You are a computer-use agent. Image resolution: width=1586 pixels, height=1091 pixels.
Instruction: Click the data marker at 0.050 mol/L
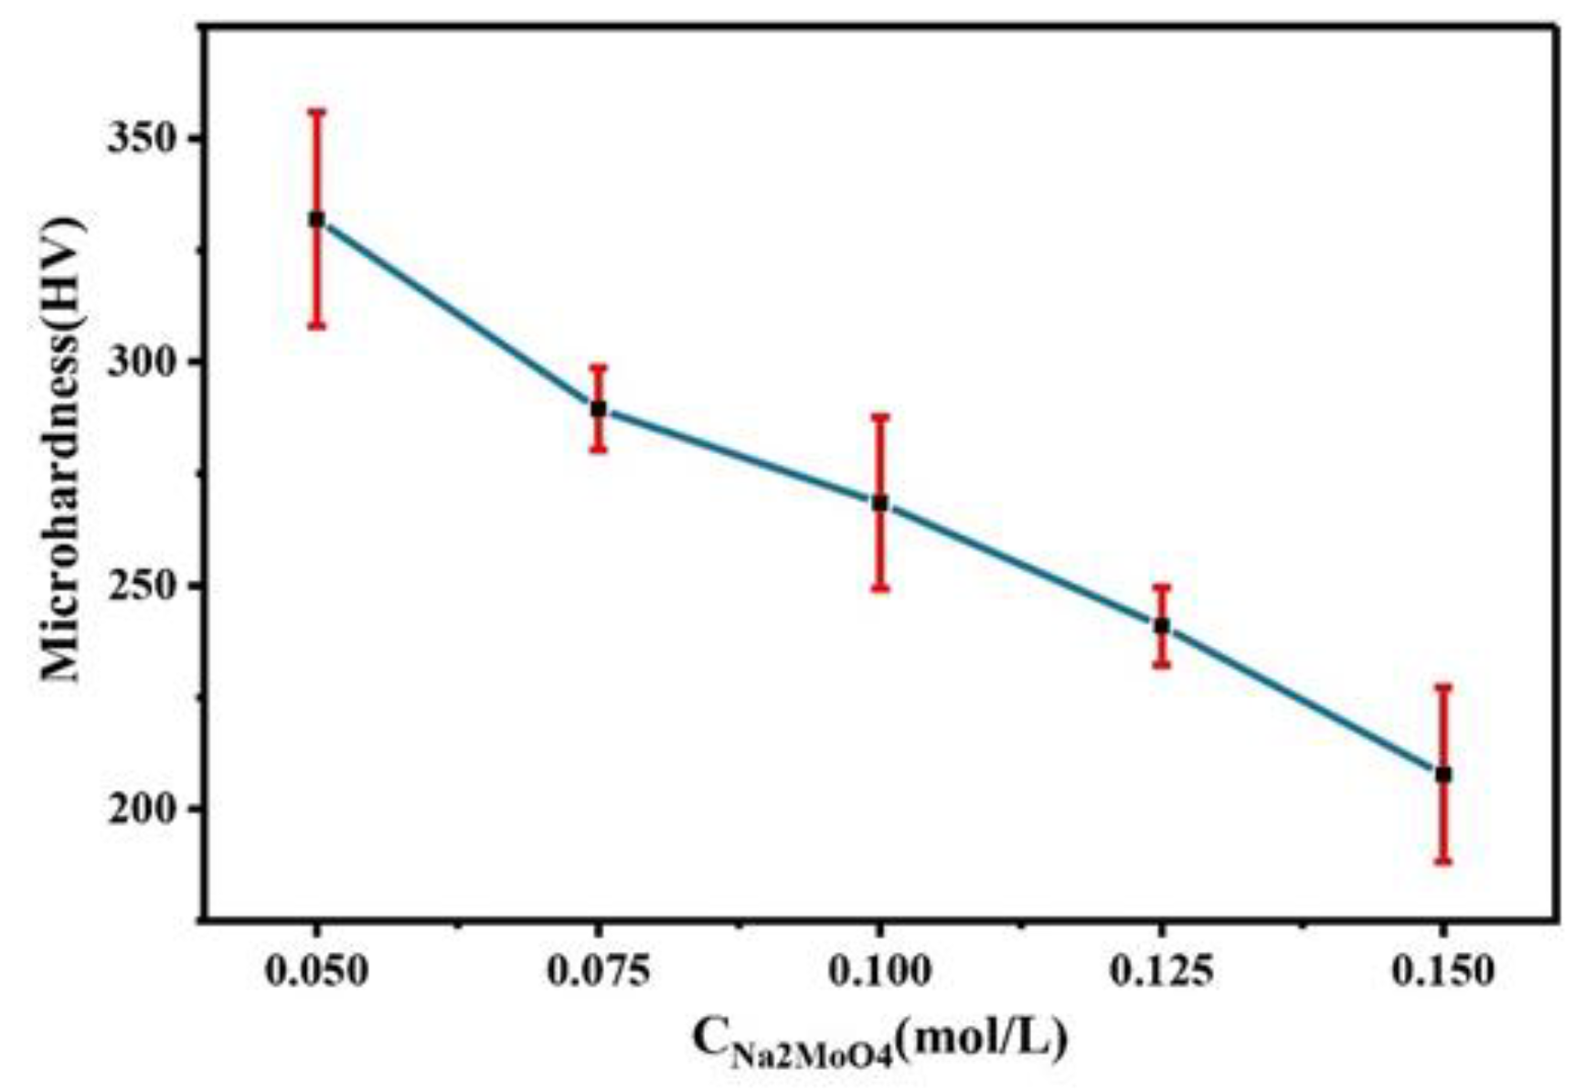[316, 219]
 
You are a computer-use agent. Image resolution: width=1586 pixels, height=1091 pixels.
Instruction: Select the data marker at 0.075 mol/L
[598, 408]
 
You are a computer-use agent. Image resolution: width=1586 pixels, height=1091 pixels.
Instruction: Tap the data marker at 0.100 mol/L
[879, 503]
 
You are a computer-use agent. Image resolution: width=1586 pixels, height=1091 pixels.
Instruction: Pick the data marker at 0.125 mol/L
[1161, 626]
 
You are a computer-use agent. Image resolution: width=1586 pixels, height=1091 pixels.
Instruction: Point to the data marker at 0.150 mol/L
[1442, 774]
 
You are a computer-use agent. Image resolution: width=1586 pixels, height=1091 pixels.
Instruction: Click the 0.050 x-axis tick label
[316, 971]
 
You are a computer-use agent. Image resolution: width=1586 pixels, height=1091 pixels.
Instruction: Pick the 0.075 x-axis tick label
[598, 971]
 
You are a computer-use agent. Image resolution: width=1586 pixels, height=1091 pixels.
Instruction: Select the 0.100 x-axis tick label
[879, 971]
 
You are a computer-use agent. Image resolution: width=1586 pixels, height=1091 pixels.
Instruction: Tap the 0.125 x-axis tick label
[1161, 971]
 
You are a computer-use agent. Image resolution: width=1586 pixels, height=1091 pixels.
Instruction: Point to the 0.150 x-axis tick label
[1442, 971]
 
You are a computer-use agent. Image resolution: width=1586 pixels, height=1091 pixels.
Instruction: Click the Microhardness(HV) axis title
[62, 448]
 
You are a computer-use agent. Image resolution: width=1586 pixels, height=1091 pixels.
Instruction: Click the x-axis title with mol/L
[879, 1042]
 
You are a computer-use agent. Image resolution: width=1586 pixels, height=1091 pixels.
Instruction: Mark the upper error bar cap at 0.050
[316, 111]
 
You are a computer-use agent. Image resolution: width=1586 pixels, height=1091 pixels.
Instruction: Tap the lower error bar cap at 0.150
[1442, 862]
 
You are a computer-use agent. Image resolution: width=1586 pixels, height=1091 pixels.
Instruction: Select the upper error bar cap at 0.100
[879, 417]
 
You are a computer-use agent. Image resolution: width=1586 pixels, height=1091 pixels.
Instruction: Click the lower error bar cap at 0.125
[1161, 664]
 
